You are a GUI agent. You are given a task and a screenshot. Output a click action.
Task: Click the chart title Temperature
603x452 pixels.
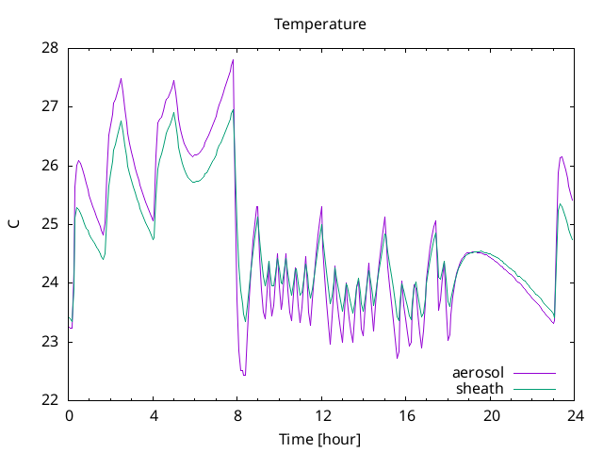(320, 24)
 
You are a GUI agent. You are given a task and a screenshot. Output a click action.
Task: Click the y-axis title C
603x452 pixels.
(14, 224)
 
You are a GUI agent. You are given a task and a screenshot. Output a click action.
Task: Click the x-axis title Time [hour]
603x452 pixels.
(320, 440)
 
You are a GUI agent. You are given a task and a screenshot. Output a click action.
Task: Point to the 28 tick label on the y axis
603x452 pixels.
(50, 48)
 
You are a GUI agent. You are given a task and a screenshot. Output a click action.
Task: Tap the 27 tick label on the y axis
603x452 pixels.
(50, 106)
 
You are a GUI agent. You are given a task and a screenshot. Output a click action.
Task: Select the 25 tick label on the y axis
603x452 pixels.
(50, 224)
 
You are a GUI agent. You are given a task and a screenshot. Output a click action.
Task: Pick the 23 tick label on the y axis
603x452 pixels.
(50, 342)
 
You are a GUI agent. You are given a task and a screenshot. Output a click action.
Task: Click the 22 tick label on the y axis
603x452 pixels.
(50, 400)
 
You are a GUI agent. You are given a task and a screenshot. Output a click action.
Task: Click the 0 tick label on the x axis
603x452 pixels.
(69, 416)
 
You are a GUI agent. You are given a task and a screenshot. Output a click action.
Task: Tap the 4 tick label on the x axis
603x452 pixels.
(154, 416)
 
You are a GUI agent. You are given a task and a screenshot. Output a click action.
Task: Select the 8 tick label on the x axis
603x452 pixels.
(237, 416)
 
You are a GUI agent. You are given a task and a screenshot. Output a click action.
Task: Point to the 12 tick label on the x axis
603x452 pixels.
(322, 416)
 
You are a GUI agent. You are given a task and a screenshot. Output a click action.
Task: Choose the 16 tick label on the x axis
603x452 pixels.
(406, 416)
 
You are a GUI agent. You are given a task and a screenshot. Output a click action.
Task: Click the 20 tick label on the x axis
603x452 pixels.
(491, 416)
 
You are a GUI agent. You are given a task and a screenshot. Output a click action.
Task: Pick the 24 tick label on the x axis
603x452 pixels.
(575, 416)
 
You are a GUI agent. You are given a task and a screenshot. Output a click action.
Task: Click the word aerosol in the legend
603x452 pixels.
(478, 373)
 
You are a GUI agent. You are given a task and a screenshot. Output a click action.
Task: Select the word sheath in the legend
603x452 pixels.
(480, 389)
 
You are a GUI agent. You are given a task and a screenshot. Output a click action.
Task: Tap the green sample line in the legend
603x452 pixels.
(534, 389)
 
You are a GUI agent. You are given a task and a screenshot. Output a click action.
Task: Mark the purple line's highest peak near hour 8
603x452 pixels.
(233, 60)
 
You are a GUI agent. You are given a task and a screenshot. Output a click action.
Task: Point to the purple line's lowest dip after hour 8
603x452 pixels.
(244, 375)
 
